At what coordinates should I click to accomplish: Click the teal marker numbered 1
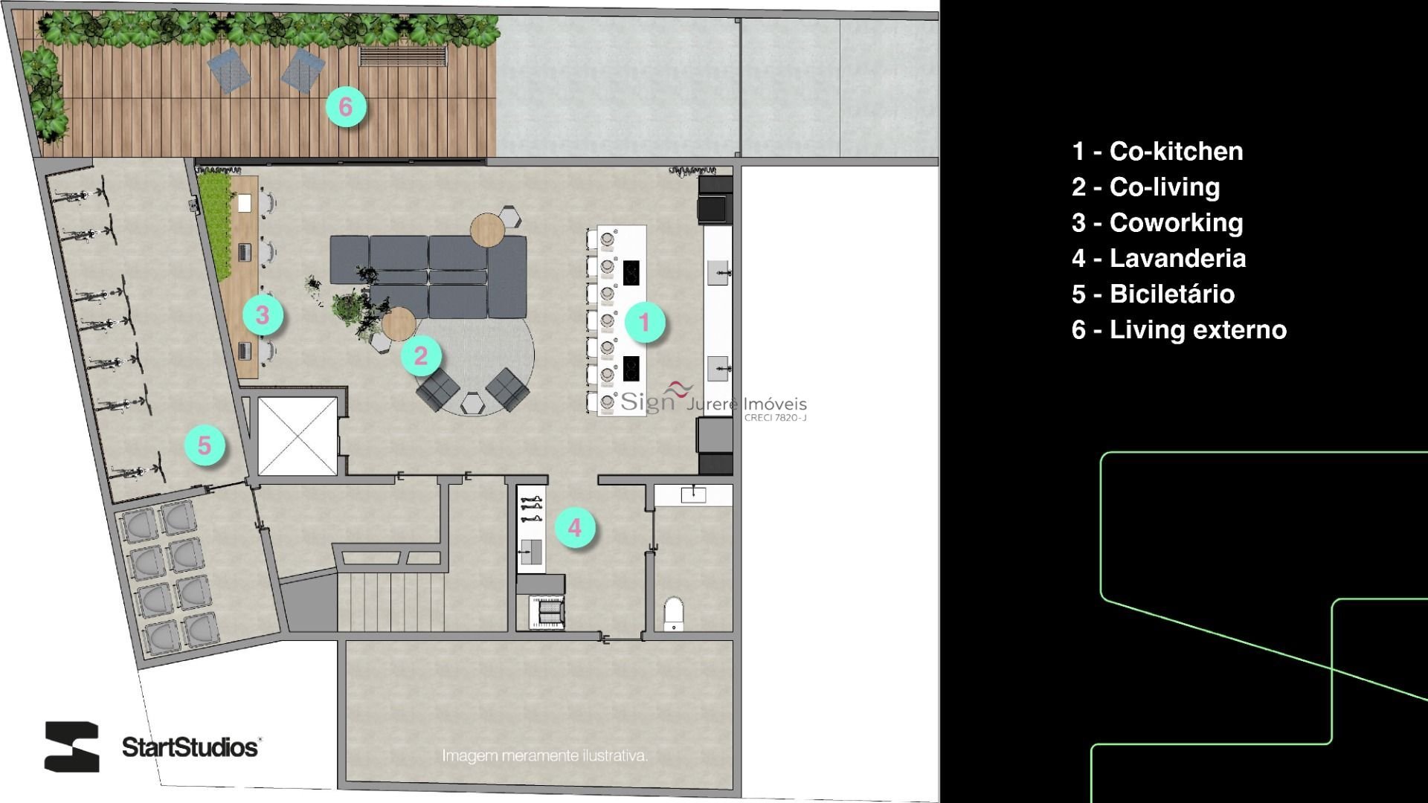644,322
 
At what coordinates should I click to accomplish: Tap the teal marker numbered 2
421,355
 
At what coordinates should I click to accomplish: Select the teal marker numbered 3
262,315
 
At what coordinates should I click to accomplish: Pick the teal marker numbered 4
575,527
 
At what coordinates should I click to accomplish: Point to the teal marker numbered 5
205,445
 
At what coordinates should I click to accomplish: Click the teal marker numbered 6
346,107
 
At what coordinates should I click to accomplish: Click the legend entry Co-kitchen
1157,151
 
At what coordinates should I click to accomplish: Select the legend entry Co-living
1146,187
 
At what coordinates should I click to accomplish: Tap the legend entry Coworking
1157,222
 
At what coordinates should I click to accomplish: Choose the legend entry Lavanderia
1159,258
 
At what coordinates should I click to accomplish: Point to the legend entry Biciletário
1154,294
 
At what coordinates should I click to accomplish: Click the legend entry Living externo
1180,329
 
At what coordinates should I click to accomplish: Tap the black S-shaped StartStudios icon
72,746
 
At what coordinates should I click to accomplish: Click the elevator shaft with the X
297,436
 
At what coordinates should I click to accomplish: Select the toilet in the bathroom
674,613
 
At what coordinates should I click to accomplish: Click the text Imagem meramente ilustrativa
545,755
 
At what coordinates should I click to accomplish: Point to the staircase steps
391,602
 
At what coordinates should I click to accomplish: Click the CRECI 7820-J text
776,418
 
